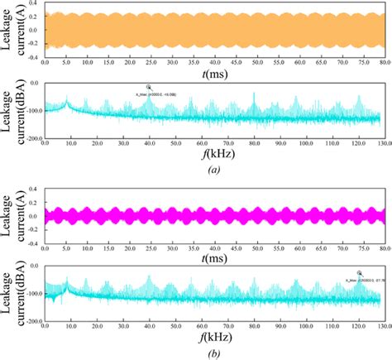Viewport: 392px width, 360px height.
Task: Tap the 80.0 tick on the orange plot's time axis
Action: [x=380, y=62]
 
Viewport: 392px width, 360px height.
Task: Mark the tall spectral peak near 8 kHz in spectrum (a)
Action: [x=67, y=102]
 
